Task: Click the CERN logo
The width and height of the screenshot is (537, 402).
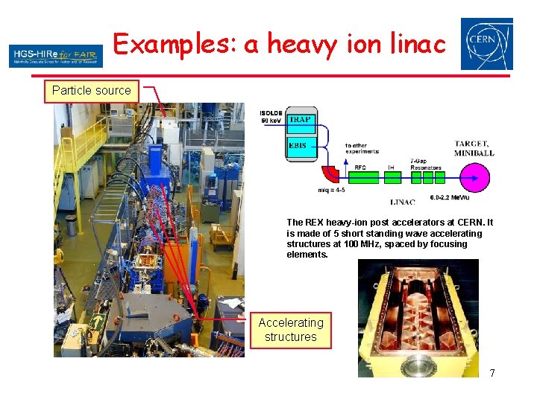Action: (x=486, y=44)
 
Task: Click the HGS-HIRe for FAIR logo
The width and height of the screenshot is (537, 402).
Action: (x=56, y=55)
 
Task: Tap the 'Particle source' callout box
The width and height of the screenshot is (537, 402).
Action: (x=91, y=91)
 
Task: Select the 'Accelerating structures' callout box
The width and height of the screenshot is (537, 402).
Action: (x=290, y=330)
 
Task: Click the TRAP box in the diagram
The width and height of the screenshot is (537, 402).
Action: (x=301, y=120)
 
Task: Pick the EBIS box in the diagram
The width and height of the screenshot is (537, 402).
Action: (x=301, y=146)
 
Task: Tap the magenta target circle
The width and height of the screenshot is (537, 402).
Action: (x=474, y=179)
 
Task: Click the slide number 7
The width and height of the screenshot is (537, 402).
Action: (x=492, y=372)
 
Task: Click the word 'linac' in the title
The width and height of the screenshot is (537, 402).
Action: (x=412, y=45)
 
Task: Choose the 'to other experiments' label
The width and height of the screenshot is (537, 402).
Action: (x=362, y=148)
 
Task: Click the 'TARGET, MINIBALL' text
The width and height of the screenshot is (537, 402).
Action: (x=474, y=147)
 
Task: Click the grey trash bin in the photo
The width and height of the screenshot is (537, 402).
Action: (x=72, y=226)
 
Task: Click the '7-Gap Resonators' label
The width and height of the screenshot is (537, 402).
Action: (x=425, y=165)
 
